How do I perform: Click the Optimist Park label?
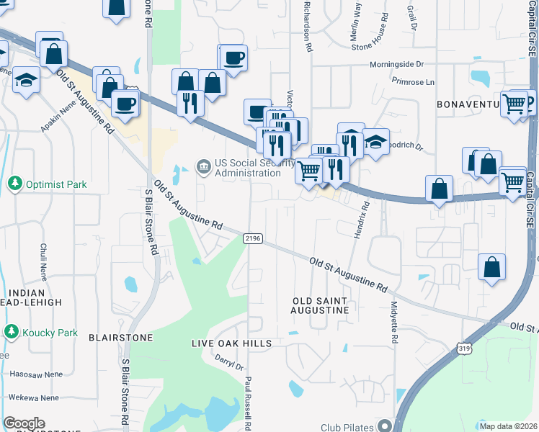click(x=56, y=184)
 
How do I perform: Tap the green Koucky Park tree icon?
click(x=12, y=332)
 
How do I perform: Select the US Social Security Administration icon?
click(x=204, y=168)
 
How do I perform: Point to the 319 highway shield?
click(x=465, y=348)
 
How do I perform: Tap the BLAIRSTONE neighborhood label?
click(x=120, y=337)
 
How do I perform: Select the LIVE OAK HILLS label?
click(x=231, y=343)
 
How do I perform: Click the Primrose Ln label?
click(x=414, y=82)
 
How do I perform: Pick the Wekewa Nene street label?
click(x=35, y=397)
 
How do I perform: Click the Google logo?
click(x=24, y=423)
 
